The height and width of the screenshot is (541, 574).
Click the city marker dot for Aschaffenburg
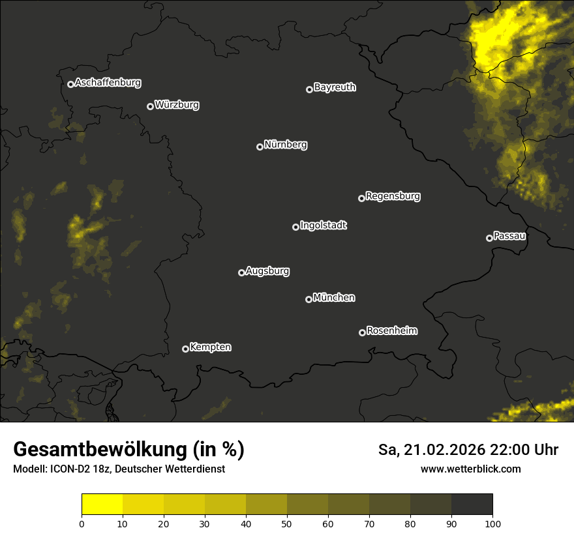pos(70,84)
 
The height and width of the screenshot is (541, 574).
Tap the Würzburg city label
pos(177,104)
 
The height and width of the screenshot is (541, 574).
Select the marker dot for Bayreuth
pos(309,89)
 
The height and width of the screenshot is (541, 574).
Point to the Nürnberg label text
pos(286,145)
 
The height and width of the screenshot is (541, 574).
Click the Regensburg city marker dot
pos(361,198)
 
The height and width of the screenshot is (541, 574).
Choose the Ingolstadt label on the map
pos(324,226)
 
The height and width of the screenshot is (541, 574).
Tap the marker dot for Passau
pos(489,238)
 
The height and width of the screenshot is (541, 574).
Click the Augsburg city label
pos(267,271)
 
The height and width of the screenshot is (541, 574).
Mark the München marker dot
pos(309,299)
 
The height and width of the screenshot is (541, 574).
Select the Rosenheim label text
pos(391,330)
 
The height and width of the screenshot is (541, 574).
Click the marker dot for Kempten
pos(185,349)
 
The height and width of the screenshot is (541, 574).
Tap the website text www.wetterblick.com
pos(471,469)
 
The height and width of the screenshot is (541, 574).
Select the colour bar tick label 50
pos(287,523)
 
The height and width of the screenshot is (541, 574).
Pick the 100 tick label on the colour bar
pos(492,523)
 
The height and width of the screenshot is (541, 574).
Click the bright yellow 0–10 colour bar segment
pos(102,504)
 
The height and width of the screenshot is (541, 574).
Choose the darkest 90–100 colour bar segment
pos(472,504)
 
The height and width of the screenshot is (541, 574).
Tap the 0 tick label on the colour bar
pos(82,523)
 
